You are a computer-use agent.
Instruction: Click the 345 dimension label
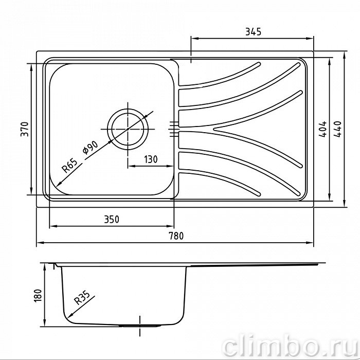(x=253, y=32)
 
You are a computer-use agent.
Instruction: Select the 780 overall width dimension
(x=176, y=236)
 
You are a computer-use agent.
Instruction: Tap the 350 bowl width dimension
(x=112, y=220)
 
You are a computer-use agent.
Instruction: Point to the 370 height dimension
(x=25, y=129)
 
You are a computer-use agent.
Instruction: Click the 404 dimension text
(x=322, y=129)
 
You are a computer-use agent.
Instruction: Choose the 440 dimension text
(x=337, y=129)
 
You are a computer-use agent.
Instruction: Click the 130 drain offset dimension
(x=151, y=159)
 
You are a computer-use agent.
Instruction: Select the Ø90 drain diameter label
(x=90, y=148)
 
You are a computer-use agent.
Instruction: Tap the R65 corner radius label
(x=69, y=166)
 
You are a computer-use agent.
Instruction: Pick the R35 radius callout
(x=82, y=298)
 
